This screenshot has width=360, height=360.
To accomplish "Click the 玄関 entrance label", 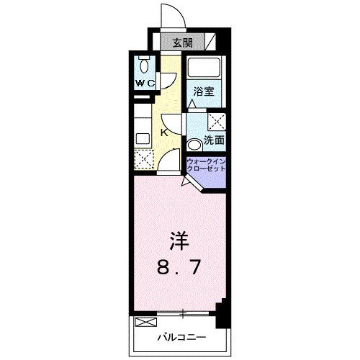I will tap(181, 42).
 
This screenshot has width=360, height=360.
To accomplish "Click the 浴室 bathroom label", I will tap(204, 91).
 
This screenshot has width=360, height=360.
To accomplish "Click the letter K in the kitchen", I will tap(164, 132).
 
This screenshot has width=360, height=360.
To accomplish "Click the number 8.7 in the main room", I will tap(179, 268).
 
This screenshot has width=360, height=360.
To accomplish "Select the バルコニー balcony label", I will tap(183, 336).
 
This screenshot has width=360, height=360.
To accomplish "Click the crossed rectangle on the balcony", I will tap(145, 321).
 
